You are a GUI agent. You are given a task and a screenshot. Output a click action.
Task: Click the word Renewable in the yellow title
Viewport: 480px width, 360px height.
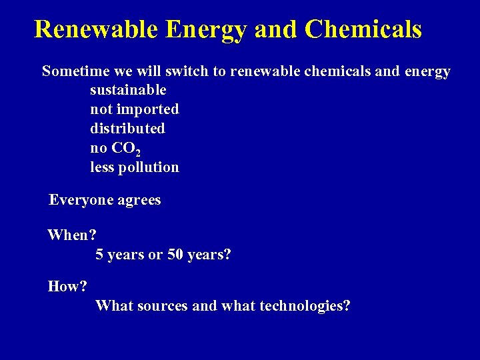(x=95, y=30)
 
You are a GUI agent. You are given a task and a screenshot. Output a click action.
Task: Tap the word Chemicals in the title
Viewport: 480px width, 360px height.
(x=363, y=30)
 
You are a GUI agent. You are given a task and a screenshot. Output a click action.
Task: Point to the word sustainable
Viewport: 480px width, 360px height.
(x=128, y=90)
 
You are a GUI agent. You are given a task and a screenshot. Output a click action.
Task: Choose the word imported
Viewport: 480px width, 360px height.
(x=147, y=109)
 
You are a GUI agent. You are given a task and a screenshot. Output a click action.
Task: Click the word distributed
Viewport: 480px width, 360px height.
(x=127, y=128)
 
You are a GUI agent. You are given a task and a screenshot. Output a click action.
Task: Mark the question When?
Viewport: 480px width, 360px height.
(x=72, y=235)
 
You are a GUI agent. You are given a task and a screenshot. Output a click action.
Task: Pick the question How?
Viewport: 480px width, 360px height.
(x=67, y=287)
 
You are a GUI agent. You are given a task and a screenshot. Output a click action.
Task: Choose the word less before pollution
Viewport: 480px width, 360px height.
(x=102, y=167)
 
